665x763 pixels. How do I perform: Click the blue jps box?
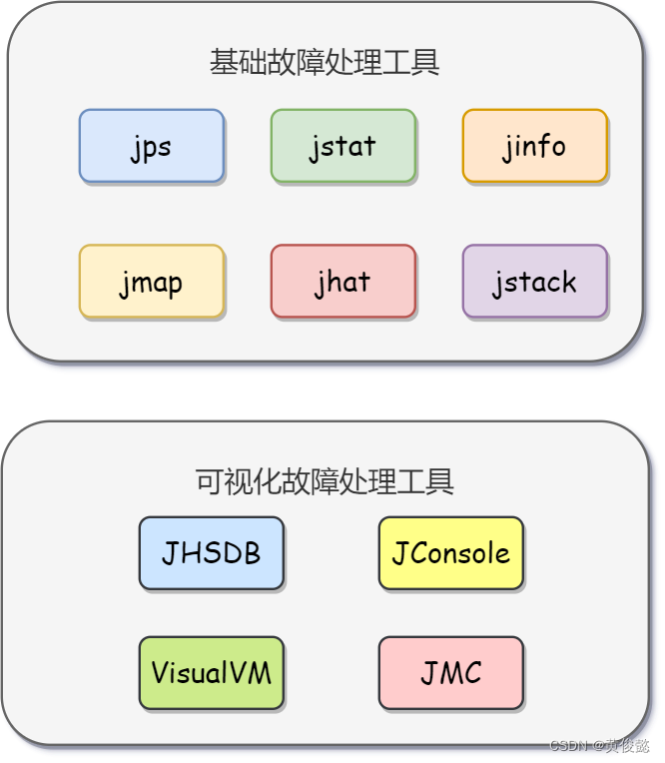152,146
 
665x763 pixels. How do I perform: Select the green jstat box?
342,146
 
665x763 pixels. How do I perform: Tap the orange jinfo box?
534,146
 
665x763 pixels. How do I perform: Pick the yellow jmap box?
152,282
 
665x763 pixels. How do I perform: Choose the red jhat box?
342,282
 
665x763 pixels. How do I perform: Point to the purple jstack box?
534,282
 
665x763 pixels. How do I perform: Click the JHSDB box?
211,552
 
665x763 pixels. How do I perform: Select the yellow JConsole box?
450,552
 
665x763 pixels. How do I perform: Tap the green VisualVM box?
211,672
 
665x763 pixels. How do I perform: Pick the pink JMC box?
450,672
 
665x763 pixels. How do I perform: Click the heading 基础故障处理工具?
325,63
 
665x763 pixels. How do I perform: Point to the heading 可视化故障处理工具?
325,481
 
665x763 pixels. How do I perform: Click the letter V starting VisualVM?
160,672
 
